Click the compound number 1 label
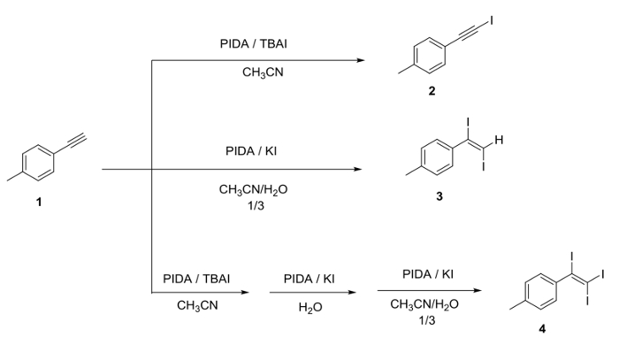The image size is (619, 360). coord(38,202)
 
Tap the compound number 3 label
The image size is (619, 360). coord(439,196)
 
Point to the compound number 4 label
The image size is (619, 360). coord(541,329)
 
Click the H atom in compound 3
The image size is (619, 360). coord(499,140)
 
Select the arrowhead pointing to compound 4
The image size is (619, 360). coord(478,290)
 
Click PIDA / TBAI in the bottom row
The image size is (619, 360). coord(196,278)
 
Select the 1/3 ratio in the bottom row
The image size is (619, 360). coord(428,319)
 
